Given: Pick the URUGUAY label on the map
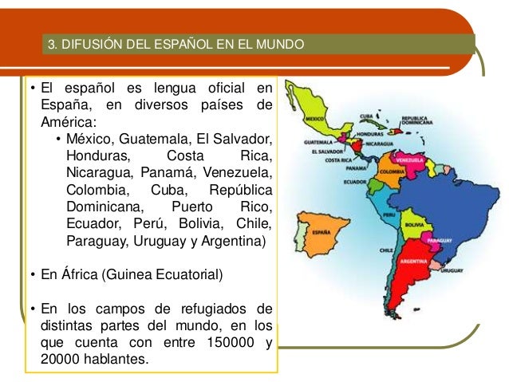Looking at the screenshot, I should [x=452, y=272].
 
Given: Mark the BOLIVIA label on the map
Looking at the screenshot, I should [x=413, y=225].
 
